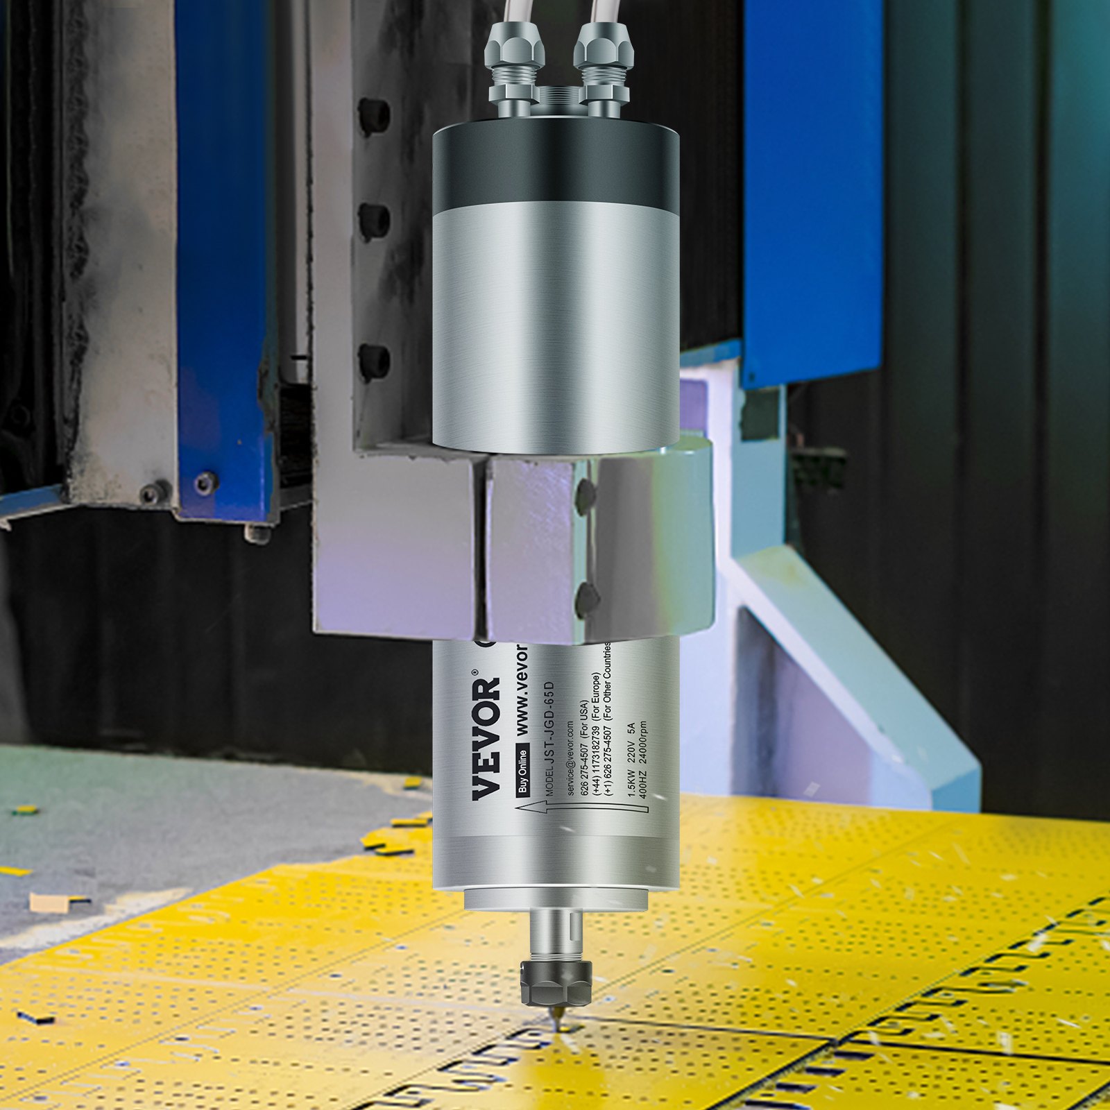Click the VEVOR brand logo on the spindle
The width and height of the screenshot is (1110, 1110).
pos(486,738)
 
